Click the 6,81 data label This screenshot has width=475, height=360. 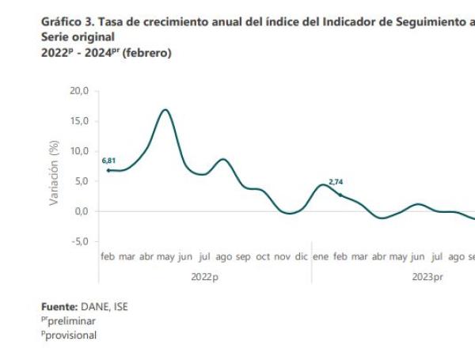click(x=109, y=161)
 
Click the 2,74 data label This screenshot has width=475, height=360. click(x=336, y=182)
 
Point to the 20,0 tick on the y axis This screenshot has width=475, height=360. click(x=80, y=91)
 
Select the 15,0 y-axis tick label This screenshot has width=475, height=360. click(x=80, y=121)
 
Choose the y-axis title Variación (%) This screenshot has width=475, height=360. click(x=55, y=173)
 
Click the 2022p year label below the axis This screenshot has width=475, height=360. click(x=204, y=276)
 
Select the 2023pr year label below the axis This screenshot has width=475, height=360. click(x=427, y=276)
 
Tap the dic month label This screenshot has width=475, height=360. click(x=301, y=257)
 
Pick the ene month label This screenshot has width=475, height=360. click(x=321, y=257)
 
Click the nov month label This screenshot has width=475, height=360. click(x=281, y=257)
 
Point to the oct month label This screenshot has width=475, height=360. click(x=262, y=257)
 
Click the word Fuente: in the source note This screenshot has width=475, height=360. click(x=59, y=306)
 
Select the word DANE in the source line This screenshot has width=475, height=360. click(x=93, y=306)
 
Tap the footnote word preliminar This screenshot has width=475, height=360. click(x=71, y=320)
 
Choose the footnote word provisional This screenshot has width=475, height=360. click(x=71, y=335)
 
